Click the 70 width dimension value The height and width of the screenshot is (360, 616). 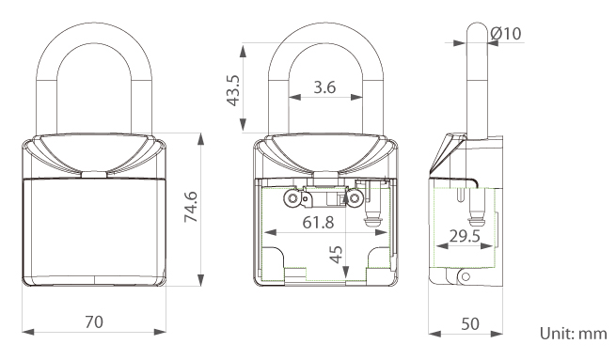[x=94, y=321]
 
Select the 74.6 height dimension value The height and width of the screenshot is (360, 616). [x=191, y=207]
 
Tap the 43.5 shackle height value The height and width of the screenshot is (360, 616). [x=233, y=90]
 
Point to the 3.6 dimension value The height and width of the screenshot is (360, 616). [x=324, y=86]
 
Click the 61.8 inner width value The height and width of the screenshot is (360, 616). [x=318, y=223]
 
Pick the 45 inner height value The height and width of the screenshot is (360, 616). [x=336, y=255]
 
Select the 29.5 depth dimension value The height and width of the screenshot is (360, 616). [x=465, y=236]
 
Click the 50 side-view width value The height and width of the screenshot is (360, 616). [x=470, y=324]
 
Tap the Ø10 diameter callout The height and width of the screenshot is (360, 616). [x=506, y=34]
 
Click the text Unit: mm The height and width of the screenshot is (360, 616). [x=573, y=334]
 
